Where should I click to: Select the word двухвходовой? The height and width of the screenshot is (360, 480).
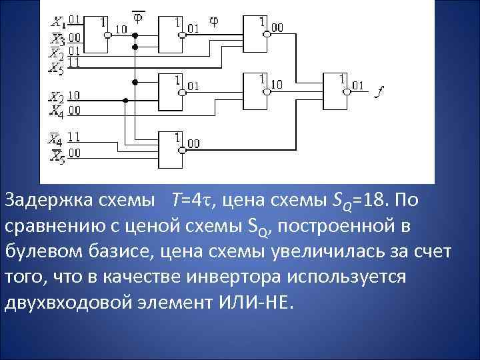coord(64,303)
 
